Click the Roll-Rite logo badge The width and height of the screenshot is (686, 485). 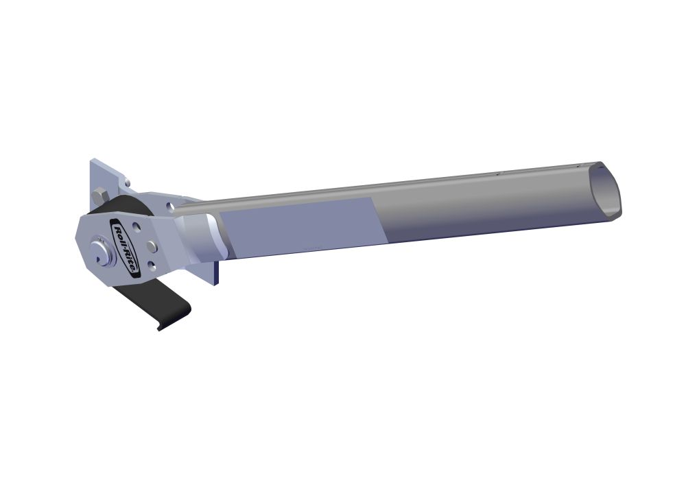pos(125,246)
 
